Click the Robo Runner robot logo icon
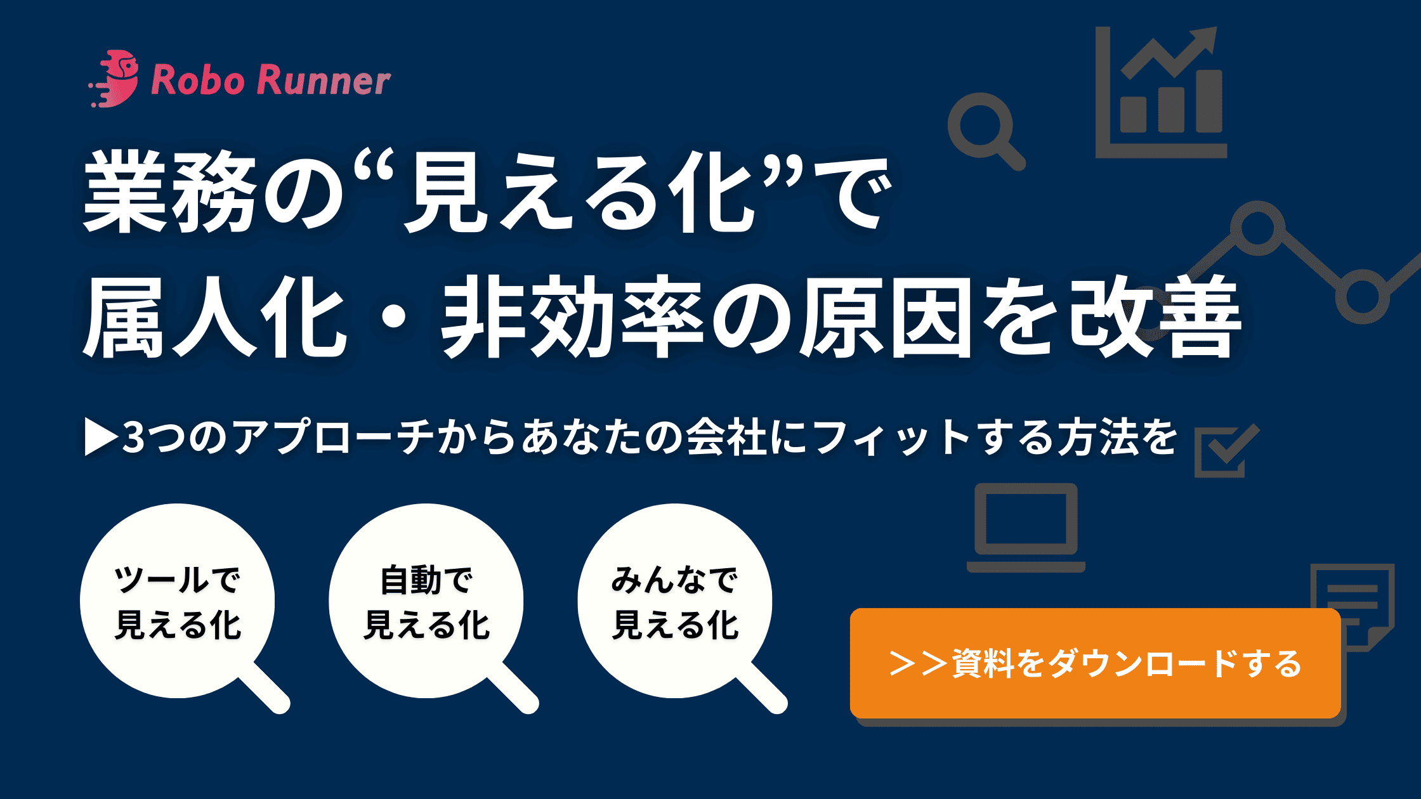114,79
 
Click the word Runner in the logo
324,81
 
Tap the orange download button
1095,663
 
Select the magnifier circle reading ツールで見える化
178,601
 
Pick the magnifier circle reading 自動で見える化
426,601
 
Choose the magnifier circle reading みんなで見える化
675,601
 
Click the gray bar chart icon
1161,92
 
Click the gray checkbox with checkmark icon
1227,451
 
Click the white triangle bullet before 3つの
101,437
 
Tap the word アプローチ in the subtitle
333,437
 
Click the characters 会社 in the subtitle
726,437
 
